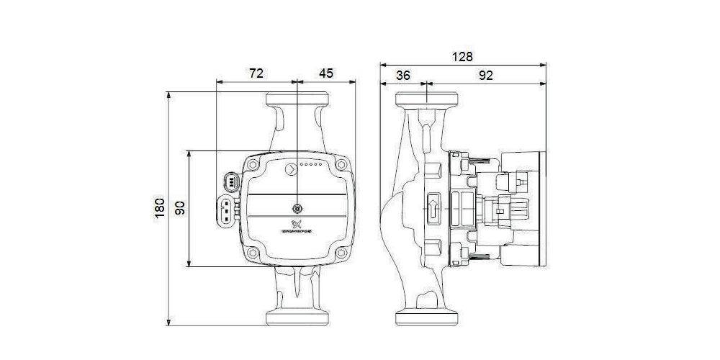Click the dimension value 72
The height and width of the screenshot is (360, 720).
click(256, 73)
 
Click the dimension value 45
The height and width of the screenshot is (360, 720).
click(326, 73)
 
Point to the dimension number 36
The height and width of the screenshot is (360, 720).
click(403, 75)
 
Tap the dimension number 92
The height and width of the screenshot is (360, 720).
click(485, 75)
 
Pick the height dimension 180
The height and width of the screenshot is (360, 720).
click(160, 207)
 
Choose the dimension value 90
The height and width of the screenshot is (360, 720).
click(181, 208)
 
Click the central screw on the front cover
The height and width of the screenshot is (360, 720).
click(298, 204)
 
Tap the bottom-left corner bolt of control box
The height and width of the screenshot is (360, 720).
click(252, 253)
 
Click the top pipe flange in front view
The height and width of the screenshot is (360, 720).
click(298, 100)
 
